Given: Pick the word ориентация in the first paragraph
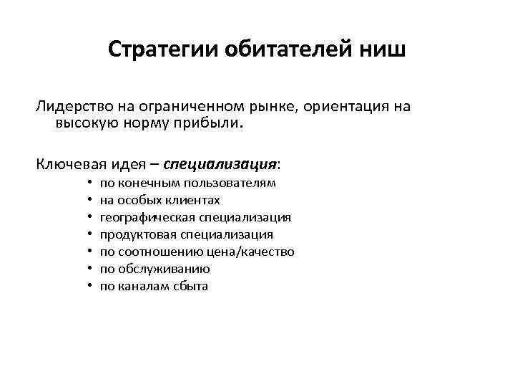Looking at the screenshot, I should pos(343,107).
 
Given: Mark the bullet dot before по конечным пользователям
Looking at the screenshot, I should pos(89,183).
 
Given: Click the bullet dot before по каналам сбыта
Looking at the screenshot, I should pos(89,287).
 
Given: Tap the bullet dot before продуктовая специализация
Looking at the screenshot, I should pos(89,235).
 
